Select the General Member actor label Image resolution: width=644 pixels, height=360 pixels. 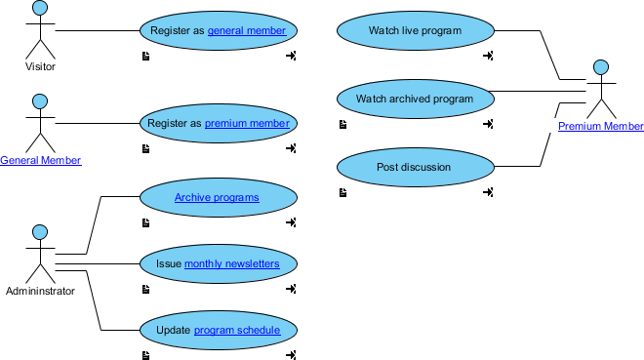[x=40, y=160]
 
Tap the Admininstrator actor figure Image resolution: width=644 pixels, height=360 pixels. [x=40, y=258]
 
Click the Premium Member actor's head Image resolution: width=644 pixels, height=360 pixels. [x=601, y=67]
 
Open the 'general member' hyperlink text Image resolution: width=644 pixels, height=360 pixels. [x=247, y=31]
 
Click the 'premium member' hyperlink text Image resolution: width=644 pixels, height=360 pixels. [x=247, y=124]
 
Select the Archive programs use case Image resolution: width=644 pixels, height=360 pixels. [x=218, y=198]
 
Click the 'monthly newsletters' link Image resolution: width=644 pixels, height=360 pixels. [x=232, y=263]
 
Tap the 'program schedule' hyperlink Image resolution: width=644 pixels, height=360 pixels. [x=237, y=331]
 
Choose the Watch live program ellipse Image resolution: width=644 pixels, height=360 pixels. [x=415, y=31]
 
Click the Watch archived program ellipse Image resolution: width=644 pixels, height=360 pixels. [x=415, y=99]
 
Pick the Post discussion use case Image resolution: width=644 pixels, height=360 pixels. [x=415, y=167]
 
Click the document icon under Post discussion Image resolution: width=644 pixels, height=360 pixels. [x=342, y=192]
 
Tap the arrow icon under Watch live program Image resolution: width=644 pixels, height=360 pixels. [x=488, y=56]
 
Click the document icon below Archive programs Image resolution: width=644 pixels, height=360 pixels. [x=145, y=222]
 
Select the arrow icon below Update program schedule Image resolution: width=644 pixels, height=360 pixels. [x=291, y=355]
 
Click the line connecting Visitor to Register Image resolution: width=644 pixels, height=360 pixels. [x=98, y=31]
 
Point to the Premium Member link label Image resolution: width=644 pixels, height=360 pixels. [x=601, y=127]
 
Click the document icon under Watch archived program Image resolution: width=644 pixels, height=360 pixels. [x=342, y=124]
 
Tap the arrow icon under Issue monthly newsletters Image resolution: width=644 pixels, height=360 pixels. [x=291, y=289]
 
